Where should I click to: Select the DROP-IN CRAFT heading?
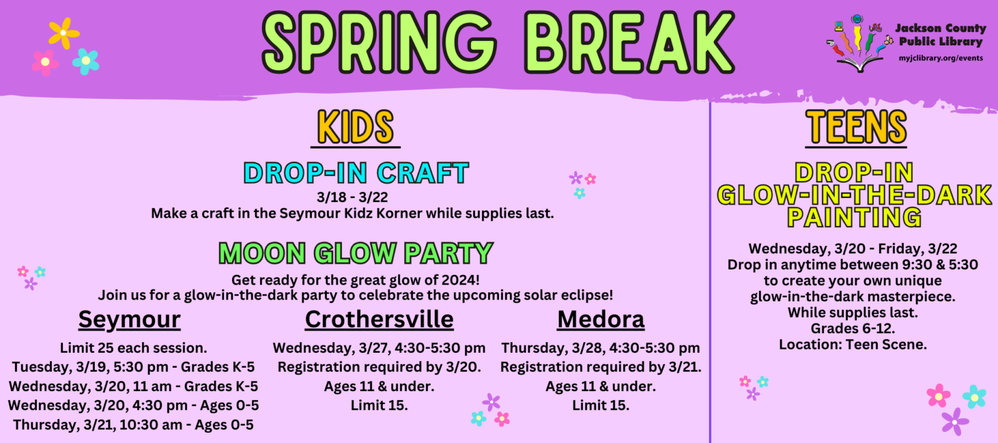356,173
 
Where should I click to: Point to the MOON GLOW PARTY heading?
355,253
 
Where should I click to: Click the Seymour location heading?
129,320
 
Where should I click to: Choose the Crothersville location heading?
379,320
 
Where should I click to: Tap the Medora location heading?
600,320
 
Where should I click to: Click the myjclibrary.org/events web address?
940,58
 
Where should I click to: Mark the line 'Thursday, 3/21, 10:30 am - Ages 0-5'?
133,425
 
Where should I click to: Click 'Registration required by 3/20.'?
379,367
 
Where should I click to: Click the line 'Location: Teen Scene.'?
853,344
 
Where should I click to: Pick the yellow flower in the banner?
63,32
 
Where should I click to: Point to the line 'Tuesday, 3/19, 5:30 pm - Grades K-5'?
133,367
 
